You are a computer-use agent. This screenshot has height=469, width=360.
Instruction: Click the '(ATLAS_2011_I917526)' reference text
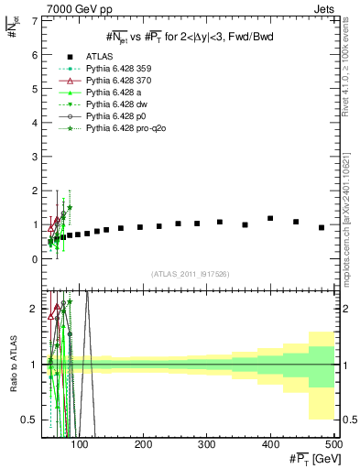click(190, 276)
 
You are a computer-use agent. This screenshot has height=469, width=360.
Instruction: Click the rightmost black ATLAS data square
click(322, 227)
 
